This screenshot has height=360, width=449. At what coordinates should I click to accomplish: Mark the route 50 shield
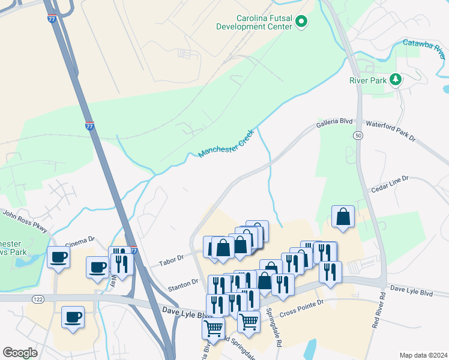[x=358, y=136]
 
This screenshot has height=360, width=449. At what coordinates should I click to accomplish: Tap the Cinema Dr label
[x=80, y=241]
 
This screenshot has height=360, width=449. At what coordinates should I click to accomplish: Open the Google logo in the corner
[x=20, y=353]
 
